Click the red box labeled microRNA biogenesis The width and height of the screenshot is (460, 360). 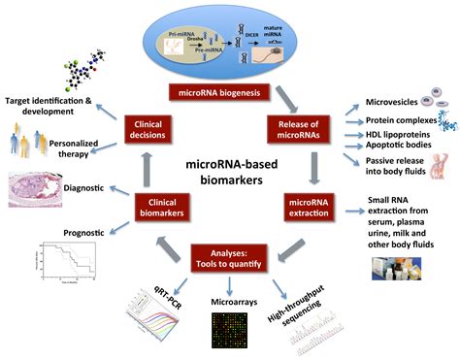[229, 92]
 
